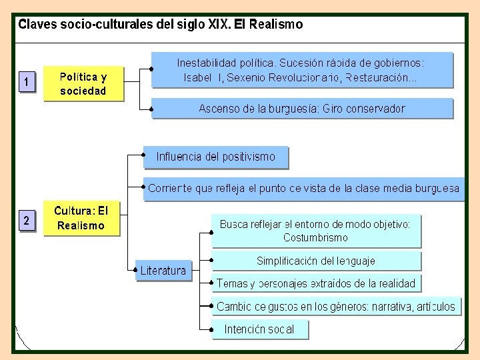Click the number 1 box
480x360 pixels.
26,83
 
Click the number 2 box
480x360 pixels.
26,221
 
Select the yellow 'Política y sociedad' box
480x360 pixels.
83,83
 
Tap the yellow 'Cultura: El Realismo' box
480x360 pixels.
81,218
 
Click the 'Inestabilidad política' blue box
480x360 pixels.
301,70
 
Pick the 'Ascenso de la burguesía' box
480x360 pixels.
301,109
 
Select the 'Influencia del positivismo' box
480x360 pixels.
215,157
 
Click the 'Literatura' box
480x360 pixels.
163,270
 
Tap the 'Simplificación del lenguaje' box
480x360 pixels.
316,261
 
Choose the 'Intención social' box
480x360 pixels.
260,329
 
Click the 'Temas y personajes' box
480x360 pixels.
316,283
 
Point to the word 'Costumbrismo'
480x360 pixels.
315,237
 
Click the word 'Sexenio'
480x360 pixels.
248,78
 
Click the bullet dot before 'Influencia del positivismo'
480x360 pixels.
145,154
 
